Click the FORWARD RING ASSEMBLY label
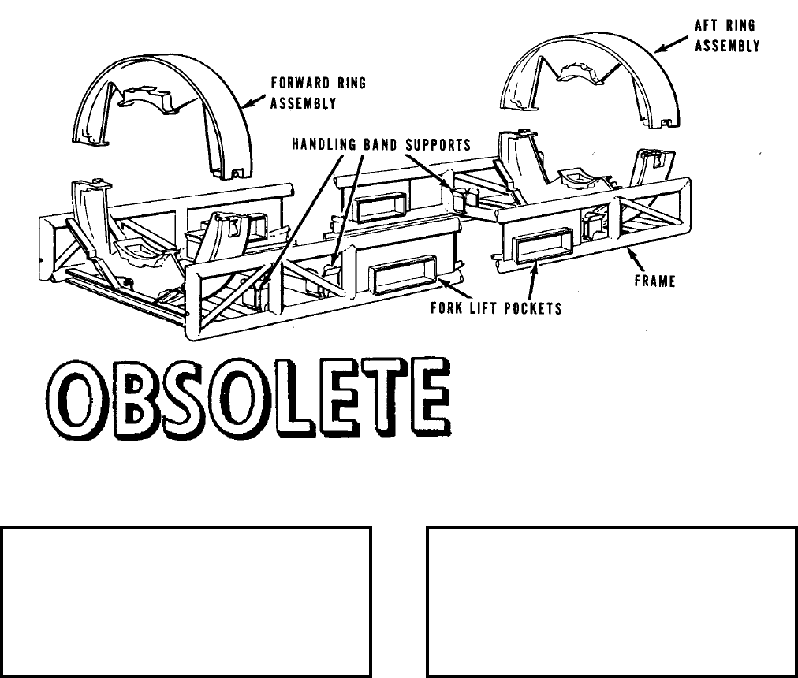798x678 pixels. pyautogui.click(x=317, y=92)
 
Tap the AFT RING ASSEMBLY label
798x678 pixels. pyautogui.click(x=726, y=35)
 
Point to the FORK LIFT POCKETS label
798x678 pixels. pyautogui.click(x=496, y=307)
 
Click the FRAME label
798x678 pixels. pyautogui.click(x=655, y=281)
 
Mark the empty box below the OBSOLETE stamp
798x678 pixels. pyautogui.click(x=186, y=602)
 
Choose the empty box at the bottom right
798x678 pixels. pyautogui.click(x=612, y=602)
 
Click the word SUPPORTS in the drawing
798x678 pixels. pyautogui.click(x=437, y=145)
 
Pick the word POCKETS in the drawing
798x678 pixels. pyautogui.click(x=534, y=307)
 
